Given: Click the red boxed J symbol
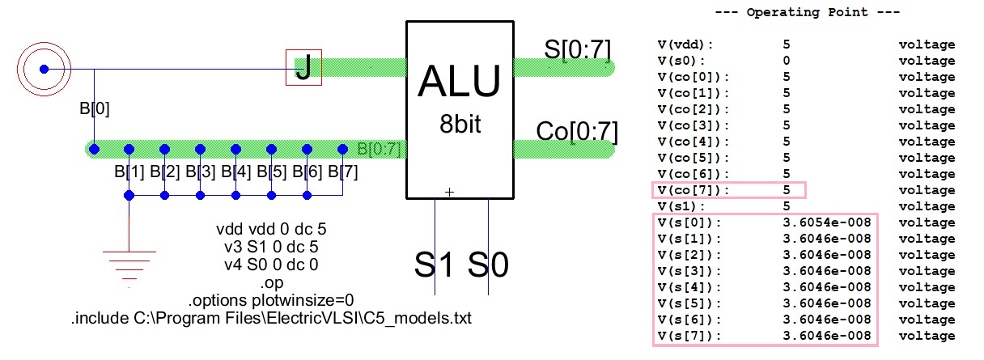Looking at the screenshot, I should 303,67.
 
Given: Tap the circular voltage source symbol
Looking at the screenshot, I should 45,69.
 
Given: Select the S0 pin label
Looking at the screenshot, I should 489,265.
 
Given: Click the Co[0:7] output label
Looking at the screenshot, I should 576,131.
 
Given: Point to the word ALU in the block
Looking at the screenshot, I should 459,83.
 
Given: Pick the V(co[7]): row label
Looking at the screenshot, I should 693,190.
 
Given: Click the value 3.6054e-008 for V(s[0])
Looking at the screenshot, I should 826,222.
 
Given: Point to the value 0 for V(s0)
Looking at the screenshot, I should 787,61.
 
